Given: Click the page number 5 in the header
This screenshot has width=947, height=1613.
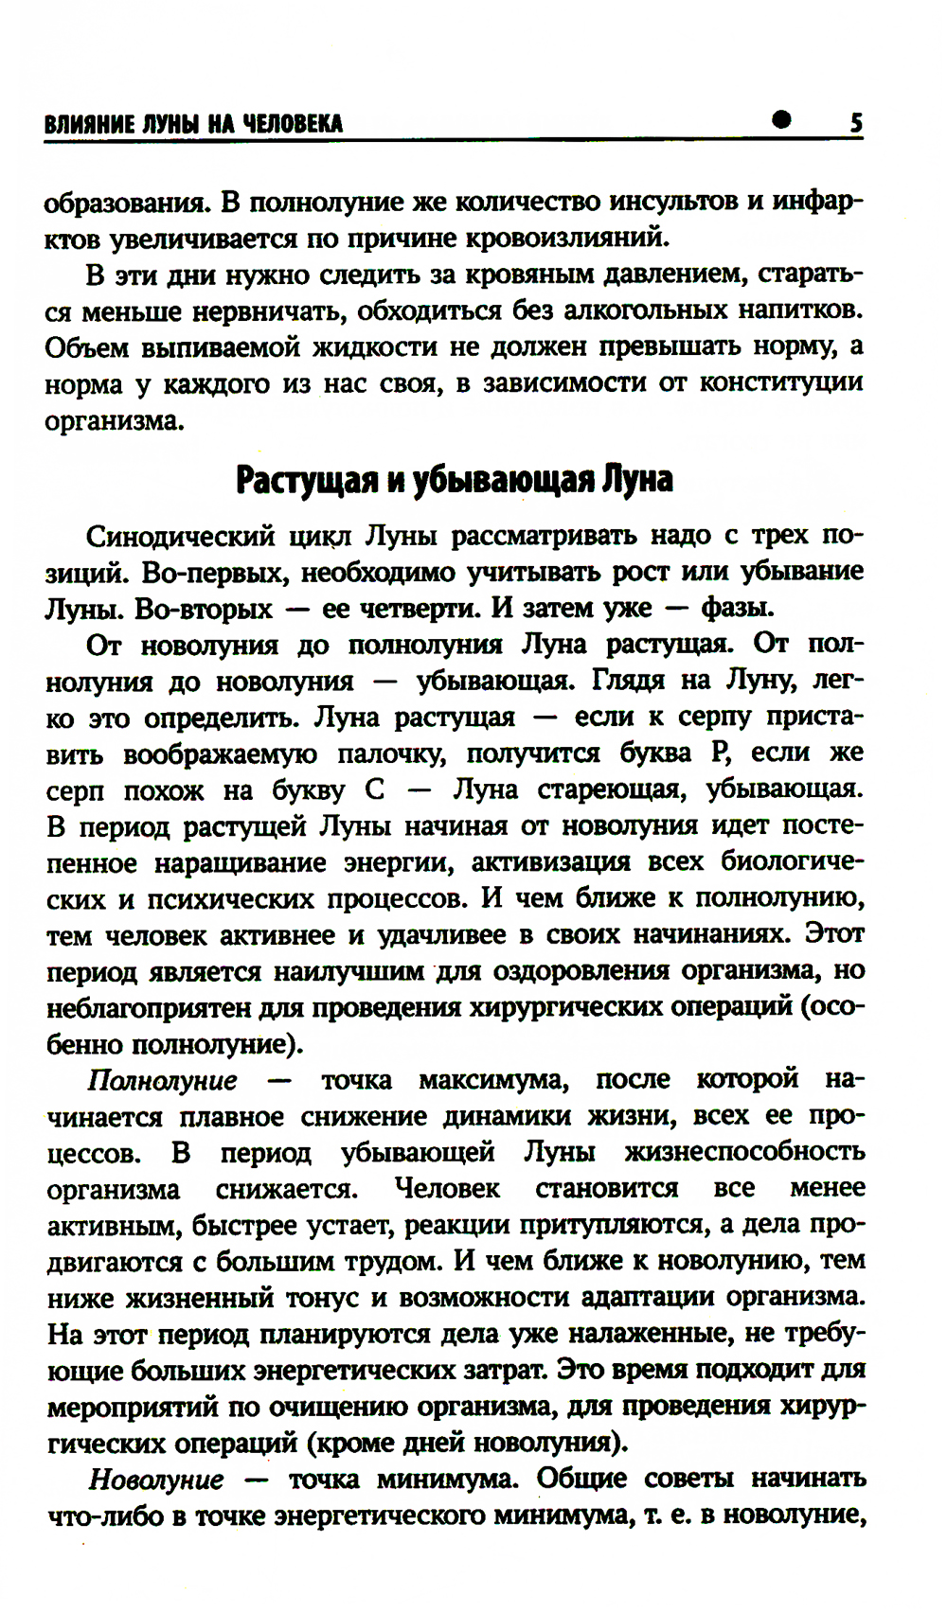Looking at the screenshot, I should (x=855, y=123).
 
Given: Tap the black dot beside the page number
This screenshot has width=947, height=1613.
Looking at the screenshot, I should (x=782, y=119).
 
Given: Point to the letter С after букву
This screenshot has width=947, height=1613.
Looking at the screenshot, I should (x=373, y=790).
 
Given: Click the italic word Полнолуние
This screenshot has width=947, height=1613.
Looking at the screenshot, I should (x=162, y=1081).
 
